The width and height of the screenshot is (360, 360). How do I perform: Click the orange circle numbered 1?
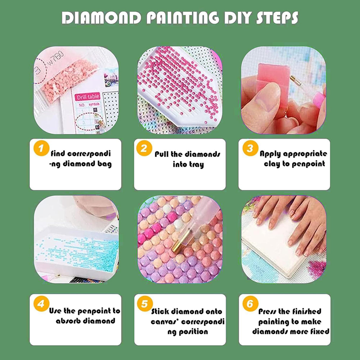(41, 148)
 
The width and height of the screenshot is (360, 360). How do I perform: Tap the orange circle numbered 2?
(144, 148)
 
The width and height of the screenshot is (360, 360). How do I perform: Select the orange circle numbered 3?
(250, 148)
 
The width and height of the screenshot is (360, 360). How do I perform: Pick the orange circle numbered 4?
(41, 304)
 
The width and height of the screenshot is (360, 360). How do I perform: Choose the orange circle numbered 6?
(250, 304)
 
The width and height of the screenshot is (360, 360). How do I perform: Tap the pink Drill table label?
(87, 97)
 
